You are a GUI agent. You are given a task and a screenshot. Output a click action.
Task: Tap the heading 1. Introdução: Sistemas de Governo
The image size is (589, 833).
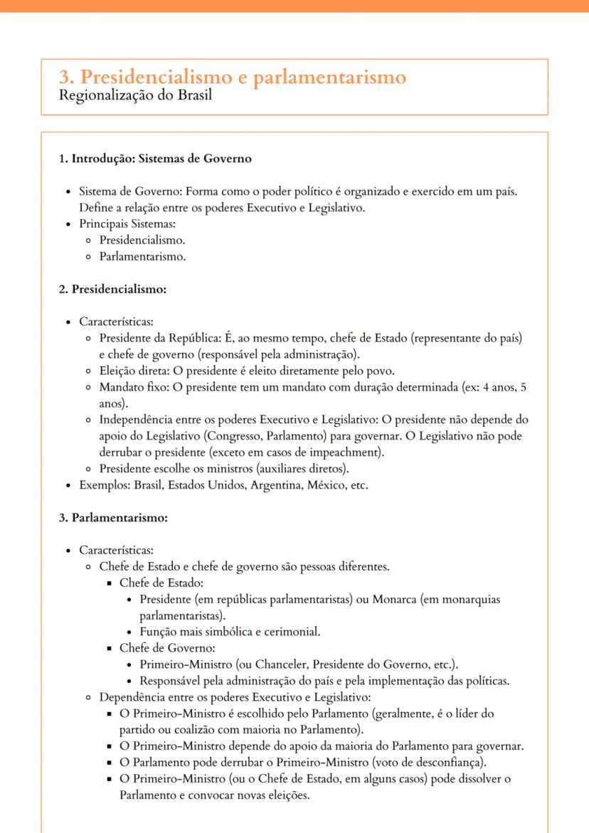[x=155, y=159]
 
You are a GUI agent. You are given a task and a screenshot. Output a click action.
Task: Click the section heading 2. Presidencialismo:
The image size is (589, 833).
[x=112, y=290]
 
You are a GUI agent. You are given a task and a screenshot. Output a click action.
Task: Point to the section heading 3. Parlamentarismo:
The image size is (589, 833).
[x=113, y=517]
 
